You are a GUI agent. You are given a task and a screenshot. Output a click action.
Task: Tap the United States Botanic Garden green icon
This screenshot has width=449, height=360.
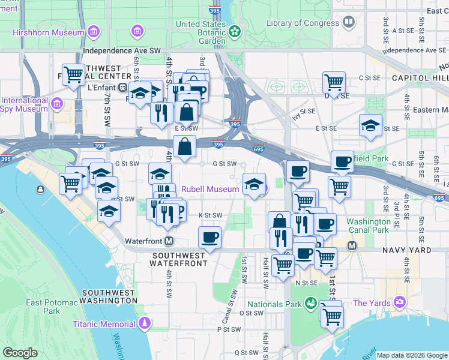(x=235, y=31)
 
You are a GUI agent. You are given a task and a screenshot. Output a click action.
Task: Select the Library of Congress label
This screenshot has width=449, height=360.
(x=303, y=23)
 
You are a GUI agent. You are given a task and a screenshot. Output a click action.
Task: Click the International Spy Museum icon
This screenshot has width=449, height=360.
(x=57, y=104)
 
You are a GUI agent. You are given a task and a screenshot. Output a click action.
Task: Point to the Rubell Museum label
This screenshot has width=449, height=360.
(x=210, y=189)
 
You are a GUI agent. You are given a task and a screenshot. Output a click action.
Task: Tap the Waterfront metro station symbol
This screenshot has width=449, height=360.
(x=169, y=241)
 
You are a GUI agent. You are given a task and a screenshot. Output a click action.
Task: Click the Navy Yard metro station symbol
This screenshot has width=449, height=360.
(x=352, y=245)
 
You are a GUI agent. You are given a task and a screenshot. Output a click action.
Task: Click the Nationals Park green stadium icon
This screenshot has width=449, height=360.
(x=311, y=302)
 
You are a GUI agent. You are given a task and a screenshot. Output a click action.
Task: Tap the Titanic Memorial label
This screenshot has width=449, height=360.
(x=104, y=324)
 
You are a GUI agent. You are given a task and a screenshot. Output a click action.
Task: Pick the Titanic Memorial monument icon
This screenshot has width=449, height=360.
(x=144, y=324)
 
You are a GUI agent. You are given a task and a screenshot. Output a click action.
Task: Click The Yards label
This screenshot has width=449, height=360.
(x=372, y=303)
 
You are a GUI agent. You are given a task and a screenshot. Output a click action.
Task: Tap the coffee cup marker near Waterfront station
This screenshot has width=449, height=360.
(x=209, y=238)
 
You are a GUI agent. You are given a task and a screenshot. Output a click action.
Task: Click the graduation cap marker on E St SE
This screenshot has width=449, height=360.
(x=371, y=125)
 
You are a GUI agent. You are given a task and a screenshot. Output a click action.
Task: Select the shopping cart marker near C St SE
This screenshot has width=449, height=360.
(x=334, y=81)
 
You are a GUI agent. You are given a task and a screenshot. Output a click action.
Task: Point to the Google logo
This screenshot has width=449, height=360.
(x=20, y=353)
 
